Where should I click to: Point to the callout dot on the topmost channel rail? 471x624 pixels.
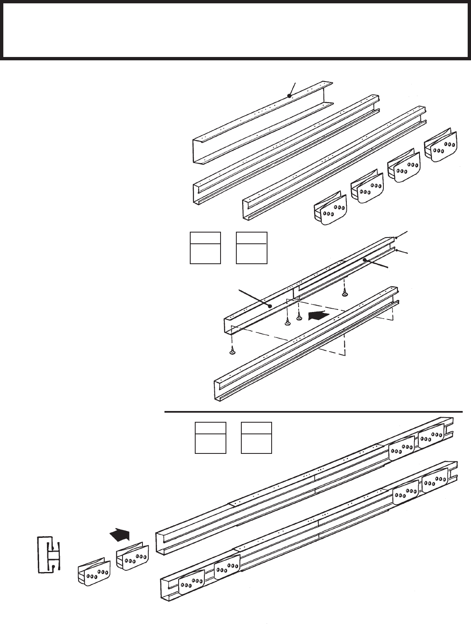point(289,96)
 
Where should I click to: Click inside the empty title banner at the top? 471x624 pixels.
point(235,30)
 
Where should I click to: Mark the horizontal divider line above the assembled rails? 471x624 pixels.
point(314,412)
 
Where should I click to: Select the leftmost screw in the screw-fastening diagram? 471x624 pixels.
point(232,351)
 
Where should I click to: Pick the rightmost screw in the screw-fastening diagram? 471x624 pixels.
point(345,294)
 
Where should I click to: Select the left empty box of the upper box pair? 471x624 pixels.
point(205,248)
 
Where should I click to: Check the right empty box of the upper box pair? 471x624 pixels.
point(251,248)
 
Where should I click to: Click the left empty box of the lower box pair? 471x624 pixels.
point(211,437)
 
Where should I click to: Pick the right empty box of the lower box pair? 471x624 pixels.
point(257,437)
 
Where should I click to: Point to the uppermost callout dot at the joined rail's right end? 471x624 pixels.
point(397,238)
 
